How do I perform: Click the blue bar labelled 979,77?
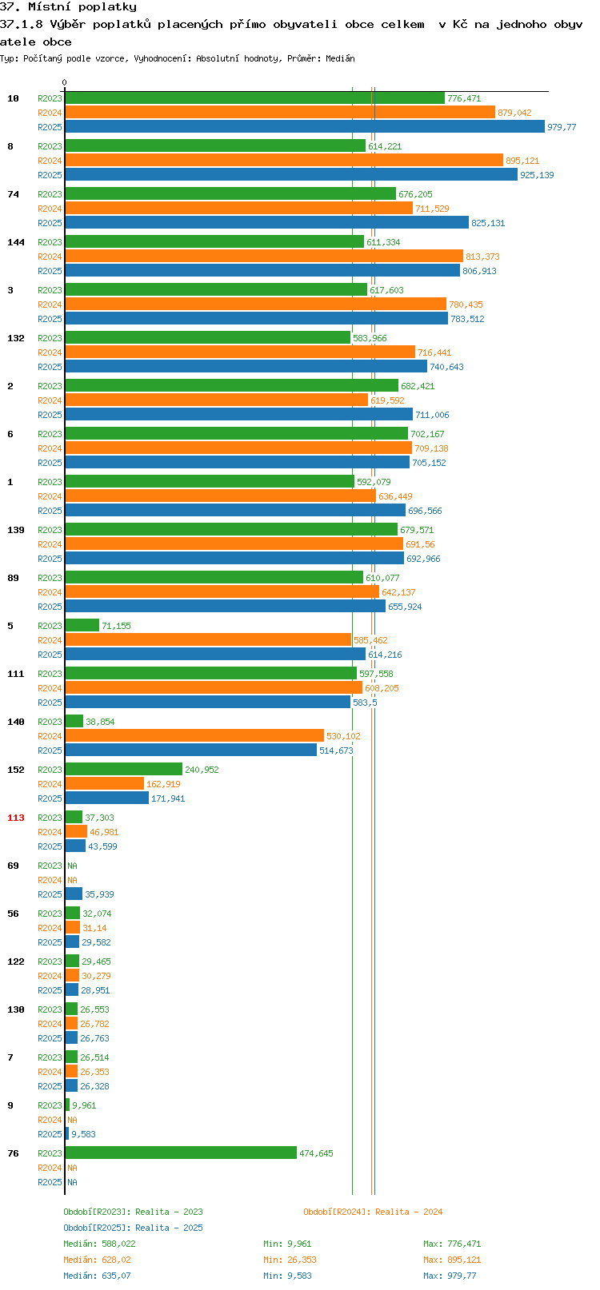(x=304, y=127)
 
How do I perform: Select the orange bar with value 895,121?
(x=284, y=160)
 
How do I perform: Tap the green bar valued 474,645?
(x=181, y=1153)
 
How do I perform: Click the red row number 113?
(x=15, y=818)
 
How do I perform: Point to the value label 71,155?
(x=117, y=626)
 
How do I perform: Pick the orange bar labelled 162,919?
(x=104, y=784)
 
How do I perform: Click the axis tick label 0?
(x=64, y=82)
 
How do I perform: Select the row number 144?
(x=15, y=242)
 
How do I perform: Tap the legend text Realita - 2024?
(x=409, y=1212)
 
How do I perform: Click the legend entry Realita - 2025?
(x=169, y=1228)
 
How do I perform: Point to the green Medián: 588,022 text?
(x=100, y=1244)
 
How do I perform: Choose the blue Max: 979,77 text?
(x=450, y=1276)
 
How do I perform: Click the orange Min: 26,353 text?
(x=290, y=1260)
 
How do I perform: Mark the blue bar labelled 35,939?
(x=74, y=894)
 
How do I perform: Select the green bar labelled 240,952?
(x=124, y=770)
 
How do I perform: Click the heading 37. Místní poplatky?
(x=68, y=7)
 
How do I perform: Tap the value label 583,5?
(x=365, y=703)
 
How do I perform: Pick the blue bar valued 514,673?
(x=190, y=751)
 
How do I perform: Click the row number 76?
(x=13, y=1153)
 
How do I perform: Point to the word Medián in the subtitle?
(x=340, y=58)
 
